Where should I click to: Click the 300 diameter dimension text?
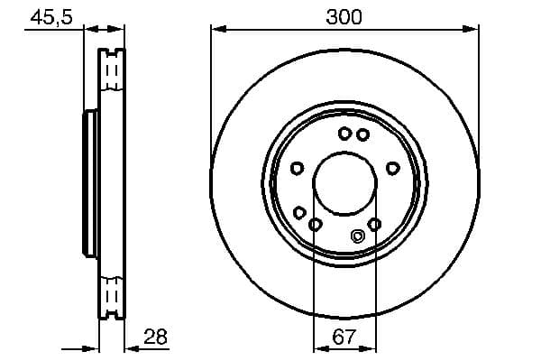coord(344,17)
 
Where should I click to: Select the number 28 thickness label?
coord(155,338)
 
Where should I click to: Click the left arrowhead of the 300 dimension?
coord(216,30)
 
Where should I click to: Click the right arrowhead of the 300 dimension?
coord(472,30)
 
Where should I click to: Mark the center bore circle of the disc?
coord(344,184)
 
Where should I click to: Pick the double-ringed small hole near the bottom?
coord(356,237)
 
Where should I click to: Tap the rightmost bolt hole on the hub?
coord(392,167)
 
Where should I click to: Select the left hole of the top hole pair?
coord(344,134)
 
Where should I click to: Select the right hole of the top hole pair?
coord(362,134)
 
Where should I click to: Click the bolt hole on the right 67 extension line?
coord(375,224)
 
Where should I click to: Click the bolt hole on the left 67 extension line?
coord(315,224)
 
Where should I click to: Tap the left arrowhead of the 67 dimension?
coord(318,348)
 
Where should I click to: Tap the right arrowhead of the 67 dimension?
coord(371,348)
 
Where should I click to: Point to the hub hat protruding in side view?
coord(89,184)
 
